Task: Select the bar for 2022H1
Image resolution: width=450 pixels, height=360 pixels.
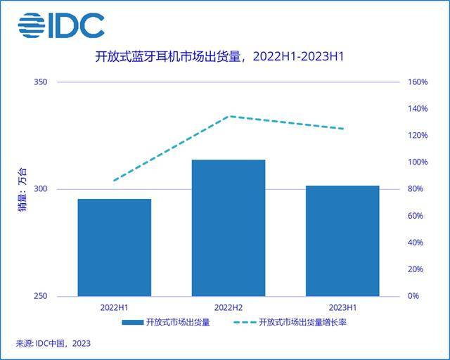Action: click(114, 247)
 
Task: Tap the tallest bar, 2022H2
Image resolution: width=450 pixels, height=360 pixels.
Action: click(229, 228)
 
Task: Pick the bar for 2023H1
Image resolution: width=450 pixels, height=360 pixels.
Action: click(342, 240)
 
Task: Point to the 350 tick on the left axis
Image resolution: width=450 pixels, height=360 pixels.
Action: click(40, 82)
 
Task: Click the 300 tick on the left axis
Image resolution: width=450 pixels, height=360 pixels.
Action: click(40, 189)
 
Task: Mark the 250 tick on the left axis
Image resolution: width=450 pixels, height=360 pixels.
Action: click(40, 296)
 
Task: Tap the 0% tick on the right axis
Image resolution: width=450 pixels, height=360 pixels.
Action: click(413, 296)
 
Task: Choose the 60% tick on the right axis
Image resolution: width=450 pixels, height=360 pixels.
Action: click(416, 216)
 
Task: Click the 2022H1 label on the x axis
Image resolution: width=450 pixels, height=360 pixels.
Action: click(114, 307)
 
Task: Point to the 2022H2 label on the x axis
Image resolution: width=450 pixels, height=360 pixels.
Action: click(229, 307)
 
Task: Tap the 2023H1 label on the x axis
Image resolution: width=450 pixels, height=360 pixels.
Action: click(342, 307)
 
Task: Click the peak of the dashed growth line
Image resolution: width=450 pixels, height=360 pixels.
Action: click(231, 116)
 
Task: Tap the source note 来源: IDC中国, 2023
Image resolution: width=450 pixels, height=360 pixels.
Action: click(53, 344)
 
